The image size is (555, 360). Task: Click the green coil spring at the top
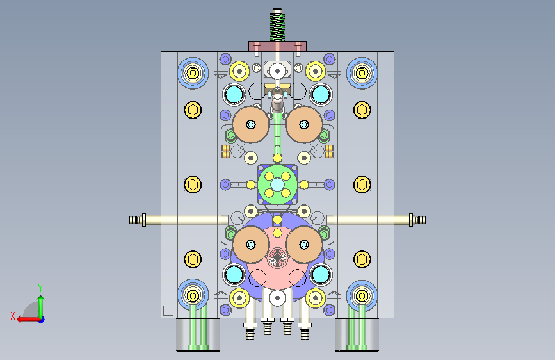(278, 27)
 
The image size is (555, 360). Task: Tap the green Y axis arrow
(41, 306)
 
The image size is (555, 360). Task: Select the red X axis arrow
(28, 320)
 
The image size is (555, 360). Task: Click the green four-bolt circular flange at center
(278, 184)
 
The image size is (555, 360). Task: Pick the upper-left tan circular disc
(250, 124)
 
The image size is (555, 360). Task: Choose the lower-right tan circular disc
(304, 245)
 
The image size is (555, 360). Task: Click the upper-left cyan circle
(234, 94)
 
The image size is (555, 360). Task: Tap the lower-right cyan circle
(321, 274)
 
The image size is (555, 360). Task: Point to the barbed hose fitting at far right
(417, 220)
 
